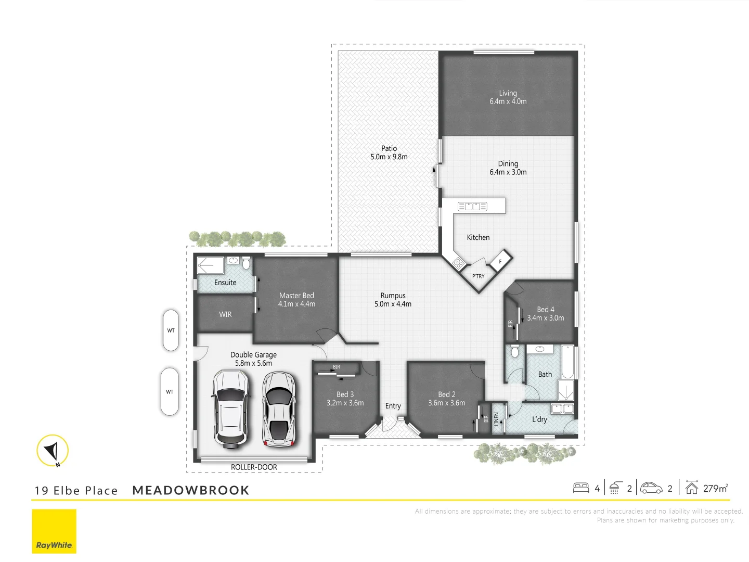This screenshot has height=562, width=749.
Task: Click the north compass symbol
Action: coord(53,450)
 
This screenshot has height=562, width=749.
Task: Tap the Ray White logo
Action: coord(54,531)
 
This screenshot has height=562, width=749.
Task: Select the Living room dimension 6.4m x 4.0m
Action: coord(508,101)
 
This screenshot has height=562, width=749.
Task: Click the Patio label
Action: coord(389,148)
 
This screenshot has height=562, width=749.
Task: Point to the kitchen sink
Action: coord(472,207)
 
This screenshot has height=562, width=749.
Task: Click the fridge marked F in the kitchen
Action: coord(501,261)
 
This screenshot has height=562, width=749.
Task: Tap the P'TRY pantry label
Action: coord(478,276)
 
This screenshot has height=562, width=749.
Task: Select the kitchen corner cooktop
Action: coord(458,263)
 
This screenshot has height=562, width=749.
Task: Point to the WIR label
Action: coord(225,314)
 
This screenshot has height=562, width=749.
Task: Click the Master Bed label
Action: coord(296,296)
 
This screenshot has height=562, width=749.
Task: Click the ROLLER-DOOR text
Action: coord(254,467)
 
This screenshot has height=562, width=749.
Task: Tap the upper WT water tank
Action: coord(171,330)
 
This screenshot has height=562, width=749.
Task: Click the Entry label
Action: coord(393,406)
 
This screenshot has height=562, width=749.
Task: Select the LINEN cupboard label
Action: coord(496,419)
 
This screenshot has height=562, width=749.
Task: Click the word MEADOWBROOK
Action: coord(191,490)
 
